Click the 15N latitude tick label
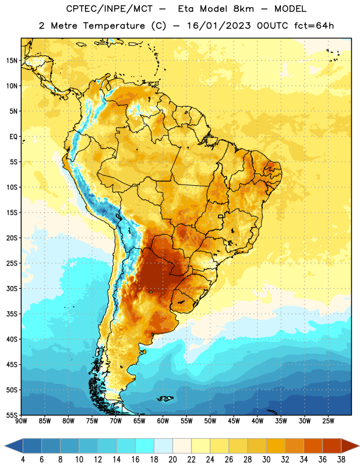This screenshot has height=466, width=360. tap(12, 61)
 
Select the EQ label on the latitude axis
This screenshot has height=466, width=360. tap(13, 137)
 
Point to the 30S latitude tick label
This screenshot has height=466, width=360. tap(12, 288)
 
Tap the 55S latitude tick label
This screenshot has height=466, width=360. tap(12, 415)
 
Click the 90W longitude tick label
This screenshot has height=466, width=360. tap(21, 421)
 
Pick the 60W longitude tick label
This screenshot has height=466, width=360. tap(163, 421)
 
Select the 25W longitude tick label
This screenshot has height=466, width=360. tap(328, 421)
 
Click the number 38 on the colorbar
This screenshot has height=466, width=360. tap(341, 460)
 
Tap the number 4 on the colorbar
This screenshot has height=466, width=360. tap(23, 460)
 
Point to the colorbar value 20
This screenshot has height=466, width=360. tap(172, 460)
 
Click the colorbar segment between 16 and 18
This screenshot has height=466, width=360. tap(145, 446)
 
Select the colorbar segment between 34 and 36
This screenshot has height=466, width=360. tap(313, 446)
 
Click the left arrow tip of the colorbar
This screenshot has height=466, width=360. tap(5, 446)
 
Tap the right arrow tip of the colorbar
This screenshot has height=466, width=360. tap(359, 446)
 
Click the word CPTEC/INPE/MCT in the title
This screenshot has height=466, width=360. tap(110, 9)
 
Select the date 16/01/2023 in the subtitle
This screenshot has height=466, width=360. tap(219, 26)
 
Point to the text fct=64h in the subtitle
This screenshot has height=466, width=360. tap(314, 26)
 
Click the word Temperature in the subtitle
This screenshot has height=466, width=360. tap(114, 26)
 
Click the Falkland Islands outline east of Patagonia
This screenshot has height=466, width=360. tap(165, 398)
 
